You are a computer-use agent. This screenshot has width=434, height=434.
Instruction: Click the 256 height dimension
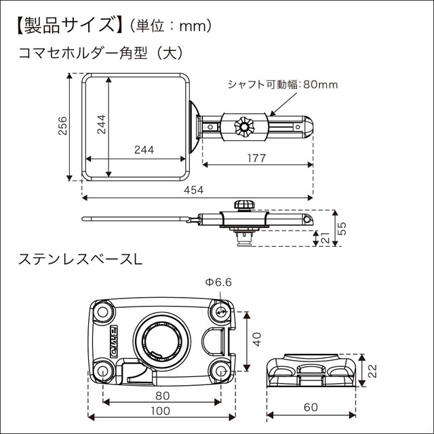[x=62, y=127]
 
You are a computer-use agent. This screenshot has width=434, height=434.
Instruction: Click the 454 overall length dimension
[x=193, y=191]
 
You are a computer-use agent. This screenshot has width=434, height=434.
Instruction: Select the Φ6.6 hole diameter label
[x=220, y=282]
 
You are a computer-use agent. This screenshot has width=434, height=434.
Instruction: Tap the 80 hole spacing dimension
[x=161, y=395]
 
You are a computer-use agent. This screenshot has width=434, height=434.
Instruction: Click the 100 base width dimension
[x=161, y=411]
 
